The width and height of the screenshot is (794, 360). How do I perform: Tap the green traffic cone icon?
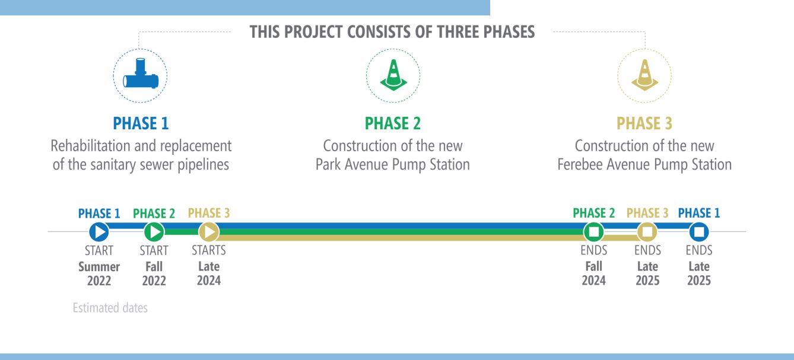393,75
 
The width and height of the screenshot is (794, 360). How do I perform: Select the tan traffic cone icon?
645,75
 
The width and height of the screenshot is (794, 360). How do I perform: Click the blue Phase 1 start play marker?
99,232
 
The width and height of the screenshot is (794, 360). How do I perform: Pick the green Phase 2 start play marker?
154,232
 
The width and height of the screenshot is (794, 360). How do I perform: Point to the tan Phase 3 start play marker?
209,232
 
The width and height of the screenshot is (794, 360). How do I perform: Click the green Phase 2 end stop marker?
594,232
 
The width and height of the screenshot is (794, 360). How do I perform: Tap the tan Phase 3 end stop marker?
647,232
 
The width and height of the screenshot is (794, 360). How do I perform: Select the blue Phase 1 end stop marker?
699,232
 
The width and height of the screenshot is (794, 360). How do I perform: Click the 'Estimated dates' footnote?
110,308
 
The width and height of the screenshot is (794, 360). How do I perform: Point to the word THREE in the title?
458,32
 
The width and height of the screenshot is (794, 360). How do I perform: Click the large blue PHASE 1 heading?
141,123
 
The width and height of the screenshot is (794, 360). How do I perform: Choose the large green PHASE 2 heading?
393,123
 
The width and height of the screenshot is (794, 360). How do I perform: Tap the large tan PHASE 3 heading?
644,123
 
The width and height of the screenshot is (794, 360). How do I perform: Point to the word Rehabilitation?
90,146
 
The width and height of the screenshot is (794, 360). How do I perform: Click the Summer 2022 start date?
99,273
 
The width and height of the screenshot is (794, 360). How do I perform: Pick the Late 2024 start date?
209,273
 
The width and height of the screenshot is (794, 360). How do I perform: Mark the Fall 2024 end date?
594,273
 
